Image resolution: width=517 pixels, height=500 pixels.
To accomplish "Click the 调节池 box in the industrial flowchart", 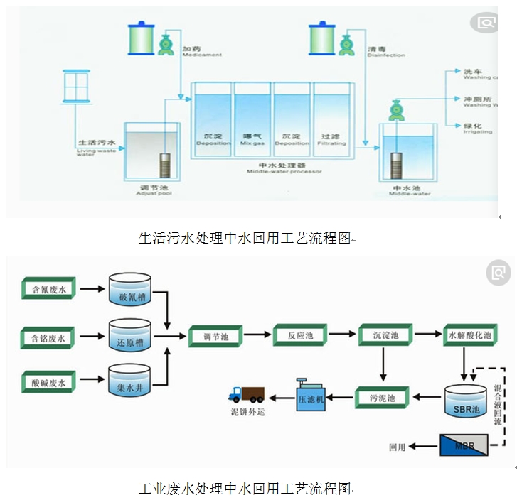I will click(215, 335).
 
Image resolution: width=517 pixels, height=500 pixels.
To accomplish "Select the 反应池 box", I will click(299, 335).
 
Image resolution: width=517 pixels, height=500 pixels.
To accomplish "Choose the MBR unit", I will click(464, 445).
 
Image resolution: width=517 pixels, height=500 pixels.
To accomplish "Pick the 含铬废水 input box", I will click(48, 339).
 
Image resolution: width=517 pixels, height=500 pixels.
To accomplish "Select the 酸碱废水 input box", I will click(48, 383).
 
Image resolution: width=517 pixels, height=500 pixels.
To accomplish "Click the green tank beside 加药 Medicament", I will click(139, 39).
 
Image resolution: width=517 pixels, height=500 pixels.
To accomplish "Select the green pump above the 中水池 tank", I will click(395, 110).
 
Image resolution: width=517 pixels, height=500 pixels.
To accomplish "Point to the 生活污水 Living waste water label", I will click(95, 145).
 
